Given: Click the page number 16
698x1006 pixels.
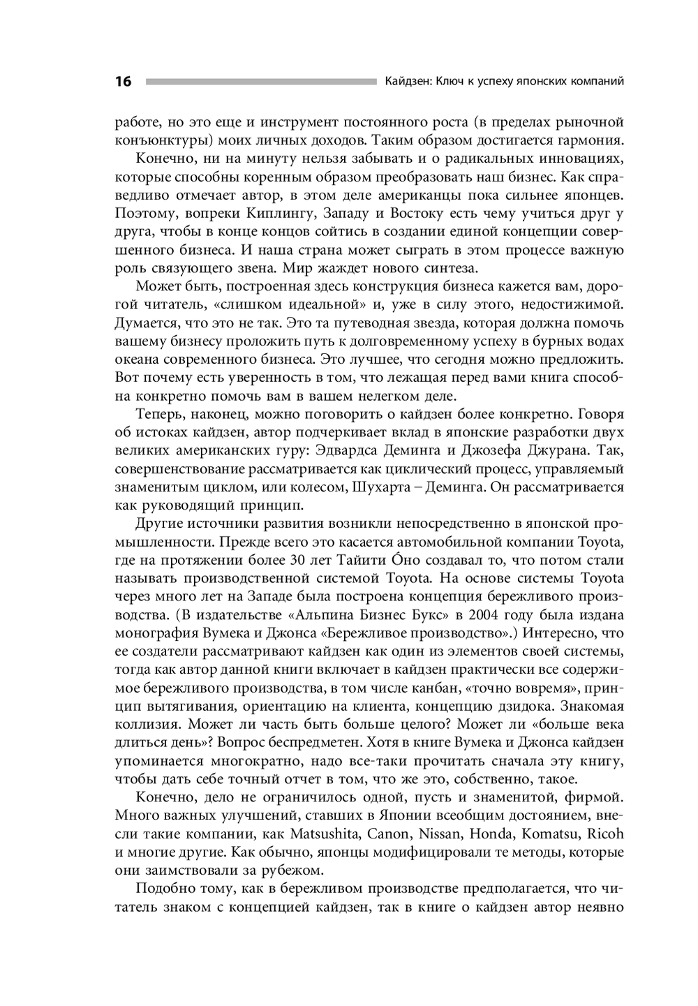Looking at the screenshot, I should [123, 82].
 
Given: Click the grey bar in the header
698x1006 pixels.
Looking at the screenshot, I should [260, 82].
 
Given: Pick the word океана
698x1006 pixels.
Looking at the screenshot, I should [136, 359].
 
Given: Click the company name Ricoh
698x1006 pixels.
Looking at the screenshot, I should [605, 834].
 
